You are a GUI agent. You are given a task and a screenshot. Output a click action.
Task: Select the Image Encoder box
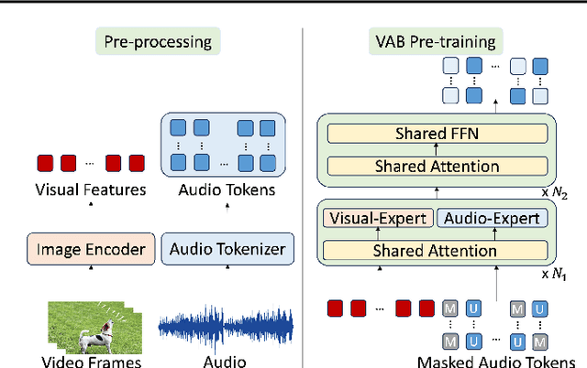90,248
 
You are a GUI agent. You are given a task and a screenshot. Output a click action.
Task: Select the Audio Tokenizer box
228,248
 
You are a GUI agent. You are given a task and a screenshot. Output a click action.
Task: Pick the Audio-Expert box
492,218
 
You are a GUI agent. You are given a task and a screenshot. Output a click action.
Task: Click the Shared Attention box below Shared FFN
435,166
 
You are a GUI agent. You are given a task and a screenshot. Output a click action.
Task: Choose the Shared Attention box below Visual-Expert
435,249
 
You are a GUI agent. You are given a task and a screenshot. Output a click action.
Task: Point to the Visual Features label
90,189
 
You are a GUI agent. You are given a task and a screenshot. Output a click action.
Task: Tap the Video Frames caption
92,361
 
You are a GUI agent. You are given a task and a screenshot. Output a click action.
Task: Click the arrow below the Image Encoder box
90,270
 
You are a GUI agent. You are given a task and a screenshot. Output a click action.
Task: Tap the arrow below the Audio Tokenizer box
227,270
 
